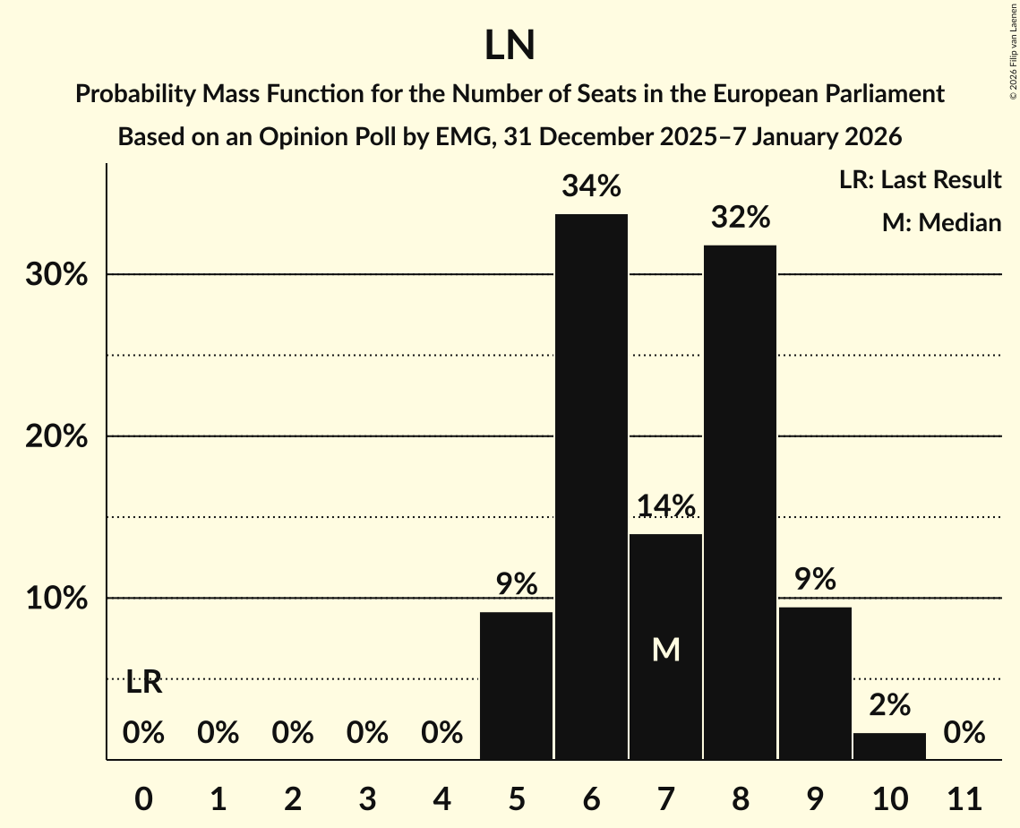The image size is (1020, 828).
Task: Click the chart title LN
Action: click(x=510, y=46)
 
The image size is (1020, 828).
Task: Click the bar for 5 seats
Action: click(x=516, y=686)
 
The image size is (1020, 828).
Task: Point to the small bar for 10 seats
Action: click(x=889, y=746)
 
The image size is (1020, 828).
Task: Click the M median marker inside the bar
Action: click(x=665, y=650)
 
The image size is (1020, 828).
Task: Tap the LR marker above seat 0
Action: click(x=143, y=683)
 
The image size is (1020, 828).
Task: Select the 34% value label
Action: click(x=591, y=186)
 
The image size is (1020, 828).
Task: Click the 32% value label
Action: click(x=740, y=218)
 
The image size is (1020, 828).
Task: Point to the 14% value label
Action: click(x=665, y=506)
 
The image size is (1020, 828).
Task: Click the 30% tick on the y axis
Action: click(x=56, y=275)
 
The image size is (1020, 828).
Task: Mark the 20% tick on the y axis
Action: click(x=56, y=437)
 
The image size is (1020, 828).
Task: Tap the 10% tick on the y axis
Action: click(x=56, y=599)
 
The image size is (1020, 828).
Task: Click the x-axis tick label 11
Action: click(x=964, y=797)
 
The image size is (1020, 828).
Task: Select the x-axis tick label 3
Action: click(x=367, y=797)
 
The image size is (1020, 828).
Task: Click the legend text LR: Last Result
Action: click(x=920, y=180)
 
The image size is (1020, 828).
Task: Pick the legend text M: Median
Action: click(x=941, y=222)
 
